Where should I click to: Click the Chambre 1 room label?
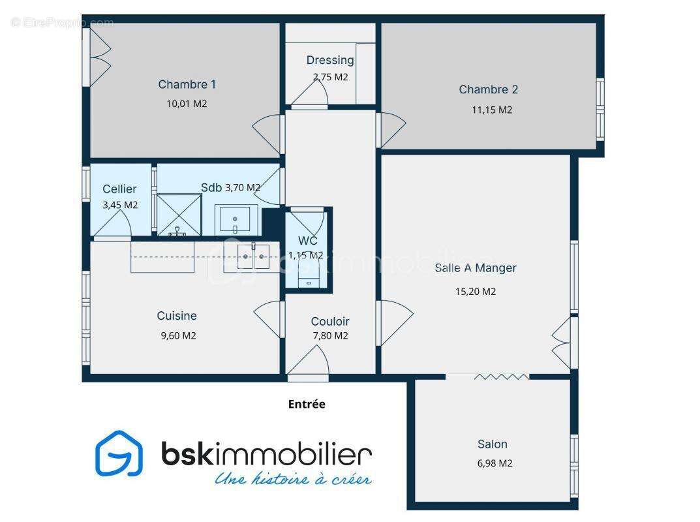187,84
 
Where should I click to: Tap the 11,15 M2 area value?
492,110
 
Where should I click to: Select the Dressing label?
330,60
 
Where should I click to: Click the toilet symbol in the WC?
309,281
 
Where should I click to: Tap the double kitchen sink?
252,256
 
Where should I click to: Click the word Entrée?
307,405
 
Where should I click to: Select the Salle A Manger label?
476,268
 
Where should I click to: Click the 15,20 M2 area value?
476,292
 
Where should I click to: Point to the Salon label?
492,444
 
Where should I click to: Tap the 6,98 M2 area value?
495,463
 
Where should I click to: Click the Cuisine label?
177,316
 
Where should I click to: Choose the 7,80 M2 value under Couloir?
330,336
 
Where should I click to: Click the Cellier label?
119,189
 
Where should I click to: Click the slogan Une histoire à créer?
293,479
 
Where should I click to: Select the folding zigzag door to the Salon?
501,376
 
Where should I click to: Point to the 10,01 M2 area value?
187,103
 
